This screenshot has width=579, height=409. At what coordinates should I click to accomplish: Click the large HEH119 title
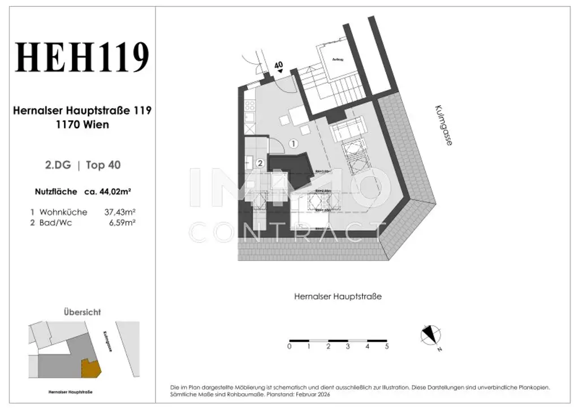(83, 58)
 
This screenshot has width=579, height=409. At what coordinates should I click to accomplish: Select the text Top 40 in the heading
(103, 165)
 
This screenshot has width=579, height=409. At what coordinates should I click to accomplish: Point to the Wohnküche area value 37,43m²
(120, 212)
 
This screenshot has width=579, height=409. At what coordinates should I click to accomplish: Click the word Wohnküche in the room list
(63, 212)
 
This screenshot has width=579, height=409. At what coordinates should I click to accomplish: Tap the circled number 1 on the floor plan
(293, 144)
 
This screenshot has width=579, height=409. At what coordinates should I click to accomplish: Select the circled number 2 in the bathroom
(260, 163)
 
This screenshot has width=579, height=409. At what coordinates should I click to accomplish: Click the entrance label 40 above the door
(278, 65)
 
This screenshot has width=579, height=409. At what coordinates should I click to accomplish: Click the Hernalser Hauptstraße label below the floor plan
(338, 296)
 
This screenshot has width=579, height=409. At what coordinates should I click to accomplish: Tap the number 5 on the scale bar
(387, 346)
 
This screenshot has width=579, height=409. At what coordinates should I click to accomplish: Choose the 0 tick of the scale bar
(289, 346)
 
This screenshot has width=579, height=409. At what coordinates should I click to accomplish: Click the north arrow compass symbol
(431, 335)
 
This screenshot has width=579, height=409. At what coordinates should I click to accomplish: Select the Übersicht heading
(82, 312)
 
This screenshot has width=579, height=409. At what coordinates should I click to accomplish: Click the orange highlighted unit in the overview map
(91, 369)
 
